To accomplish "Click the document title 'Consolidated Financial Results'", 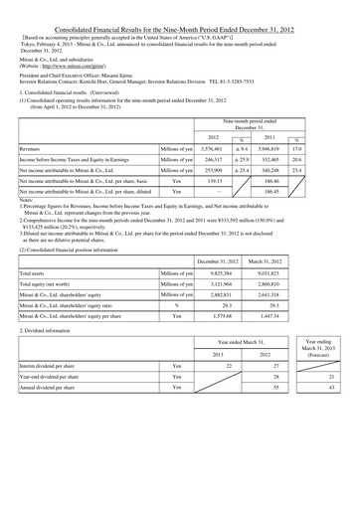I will [180, 7].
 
